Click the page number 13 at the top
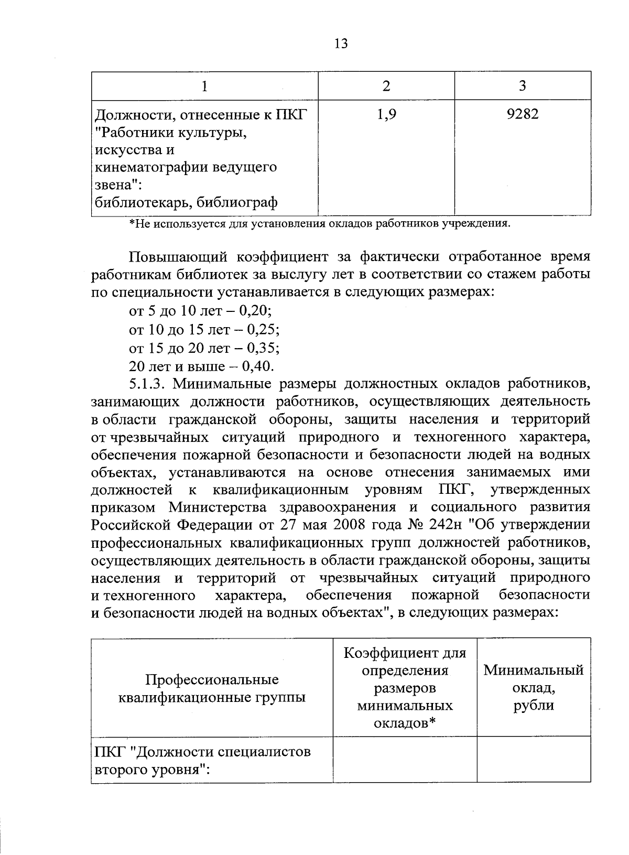340,44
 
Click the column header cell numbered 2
386,86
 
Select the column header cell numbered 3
522,86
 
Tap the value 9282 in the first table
522,114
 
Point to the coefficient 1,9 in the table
386,114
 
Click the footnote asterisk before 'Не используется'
132,224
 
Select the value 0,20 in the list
255,311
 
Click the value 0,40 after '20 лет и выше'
257,366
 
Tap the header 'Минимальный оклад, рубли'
533,687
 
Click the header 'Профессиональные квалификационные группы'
212,688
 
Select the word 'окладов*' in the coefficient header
405,723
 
